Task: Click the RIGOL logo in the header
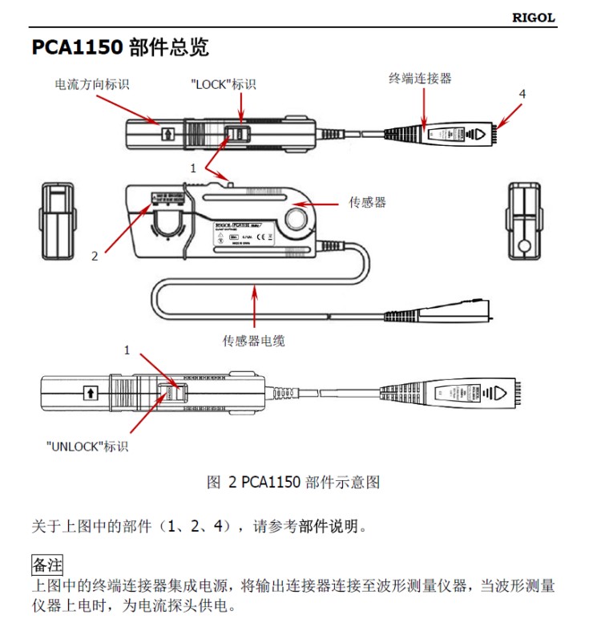click(534, 18)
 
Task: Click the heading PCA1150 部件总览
click(120, 47)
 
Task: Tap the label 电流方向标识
click(91, 83)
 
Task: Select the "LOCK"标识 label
click(224, 83)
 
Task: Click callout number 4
click(522, 94)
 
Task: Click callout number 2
click(94, 256)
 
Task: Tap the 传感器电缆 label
click(253, 341)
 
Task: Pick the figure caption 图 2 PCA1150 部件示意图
click(293, 482)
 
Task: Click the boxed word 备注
click(46, 564)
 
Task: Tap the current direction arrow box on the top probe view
click(167, 133)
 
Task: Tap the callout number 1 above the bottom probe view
click(126, 350)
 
